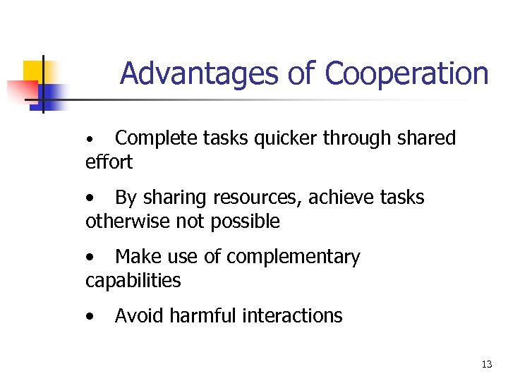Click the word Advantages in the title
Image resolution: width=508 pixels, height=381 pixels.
pos(200,73)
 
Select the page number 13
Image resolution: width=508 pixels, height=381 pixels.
pos(486,364)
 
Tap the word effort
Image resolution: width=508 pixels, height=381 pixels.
pos(109,162)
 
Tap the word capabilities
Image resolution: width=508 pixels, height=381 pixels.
pos(133,281)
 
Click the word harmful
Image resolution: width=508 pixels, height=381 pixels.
pos(202,315)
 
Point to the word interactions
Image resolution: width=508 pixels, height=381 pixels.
pos(292,315)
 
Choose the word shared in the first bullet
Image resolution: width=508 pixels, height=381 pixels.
pos(424,138)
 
